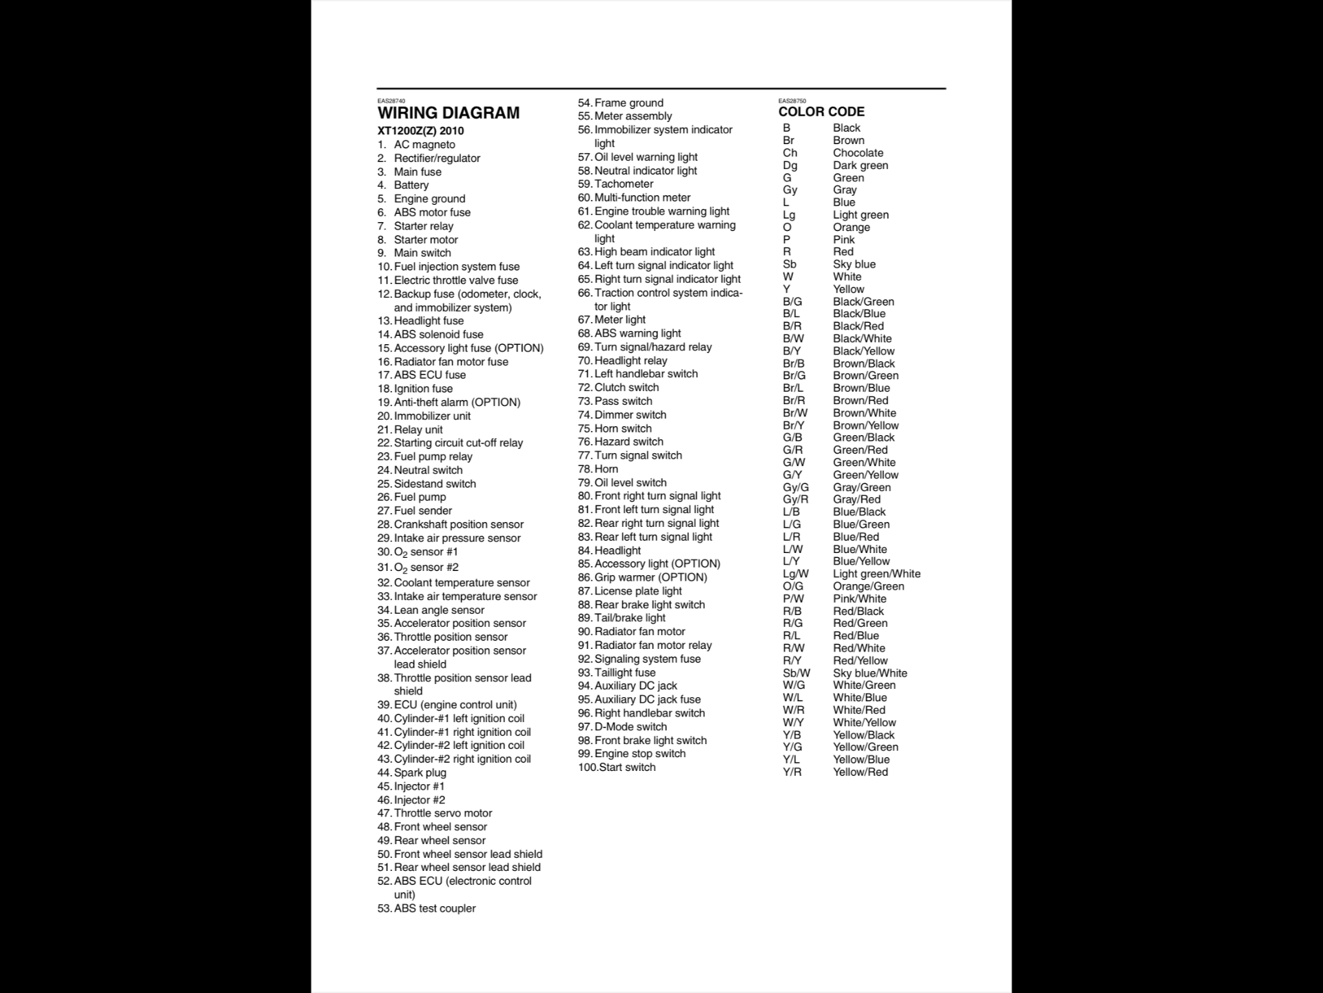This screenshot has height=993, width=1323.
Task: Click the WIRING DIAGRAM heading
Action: [449, 113]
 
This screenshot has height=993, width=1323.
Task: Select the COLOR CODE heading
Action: [821, 112]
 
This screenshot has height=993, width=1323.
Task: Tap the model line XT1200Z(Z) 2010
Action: [420, 131]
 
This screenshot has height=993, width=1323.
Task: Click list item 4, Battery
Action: [411, 185]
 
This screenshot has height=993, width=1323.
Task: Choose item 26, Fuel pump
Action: [419, 497]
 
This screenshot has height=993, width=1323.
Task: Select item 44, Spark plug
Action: [419, 772]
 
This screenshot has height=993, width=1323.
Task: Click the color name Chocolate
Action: [858, 153]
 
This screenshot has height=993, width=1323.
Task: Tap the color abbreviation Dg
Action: [790, 165]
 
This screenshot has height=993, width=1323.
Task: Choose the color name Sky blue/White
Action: [870, 673]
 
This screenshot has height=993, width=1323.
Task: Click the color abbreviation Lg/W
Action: [796, 574]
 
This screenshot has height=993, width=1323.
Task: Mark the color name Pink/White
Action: [859, 599]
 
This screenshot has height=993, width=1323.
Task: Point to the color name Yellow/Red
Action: [860, 772]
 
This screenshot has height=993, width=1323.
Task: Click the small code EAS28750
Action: [792, 101]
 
